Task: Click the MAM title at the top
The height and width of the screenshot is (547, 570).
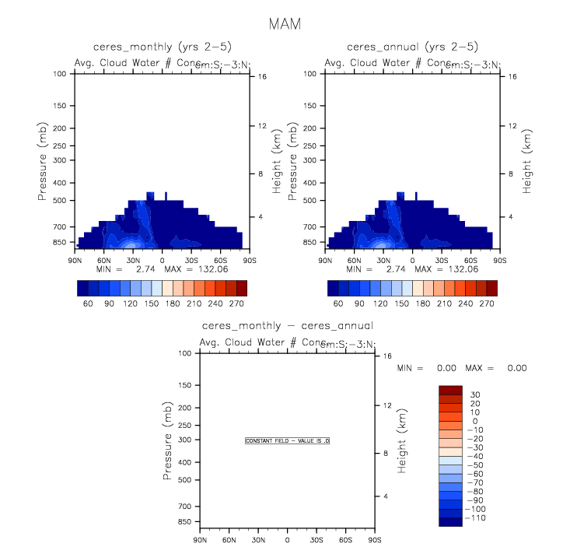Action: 285,24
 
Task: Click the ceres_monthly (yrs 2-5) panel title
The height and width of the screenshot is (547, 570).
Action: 163,47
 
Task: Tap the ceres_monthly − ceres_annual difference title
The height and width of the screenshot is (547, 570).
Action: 287,326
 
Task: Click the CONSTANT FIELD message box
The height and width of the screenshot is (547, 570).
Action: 288,441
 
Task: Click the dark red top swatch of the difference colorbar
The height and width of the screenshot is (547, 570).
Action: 451,390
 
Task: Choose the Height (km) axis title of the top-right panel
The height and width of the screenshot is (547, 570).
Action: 526,160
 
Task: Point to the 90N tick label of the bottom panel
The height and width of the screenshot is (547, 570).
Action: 200,540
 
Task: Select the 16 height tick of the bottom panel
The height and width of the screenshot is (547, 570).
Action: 386,356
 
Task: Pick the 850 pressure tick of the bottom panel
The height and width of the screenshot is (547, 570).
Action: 184,521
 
